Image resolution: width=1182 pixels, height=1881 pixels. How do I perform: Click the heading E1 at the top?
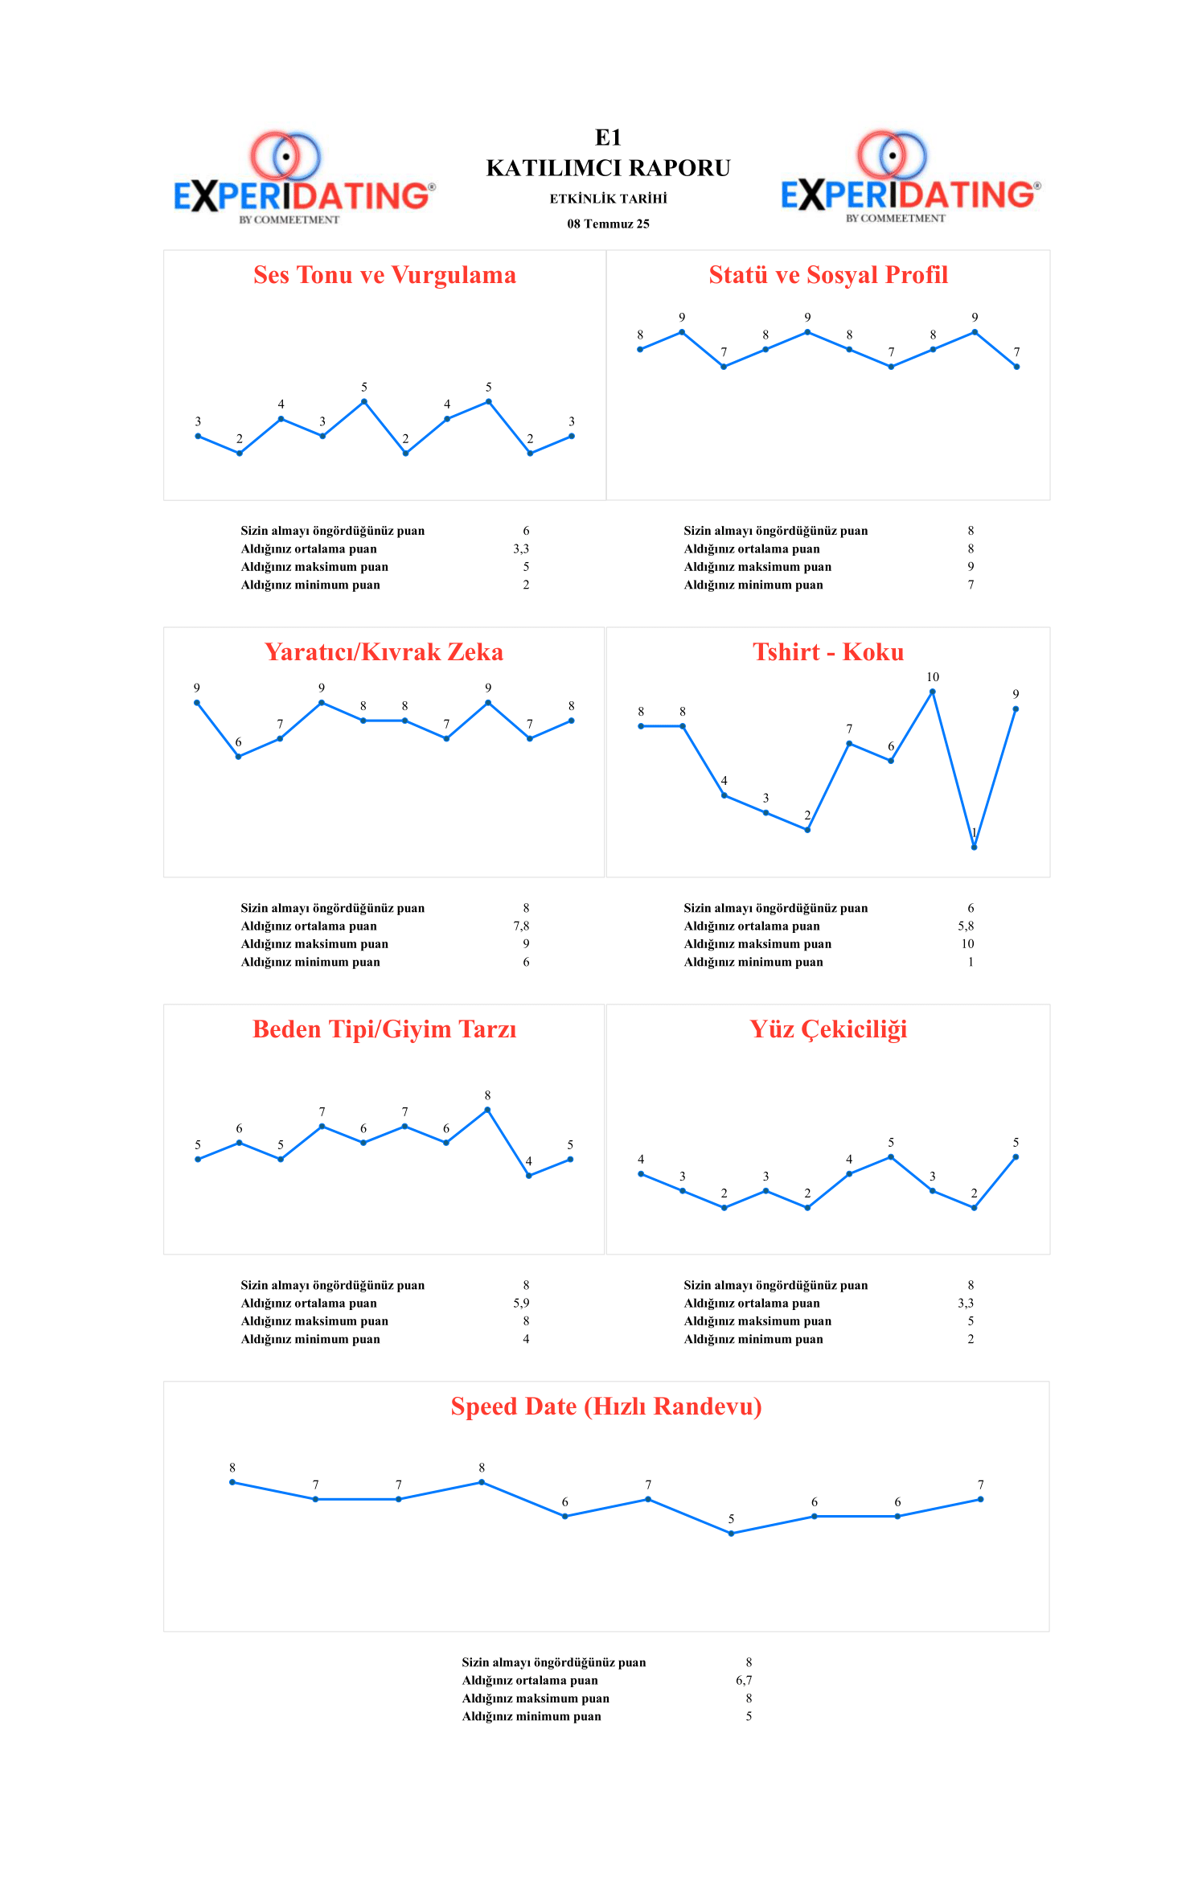click(608, 138)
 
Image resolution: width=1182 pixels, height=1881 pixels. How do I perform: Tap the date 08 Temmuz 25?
click(608, 224)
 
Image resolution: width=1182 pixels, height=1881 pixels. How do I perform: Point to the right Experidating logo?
click(910, 179)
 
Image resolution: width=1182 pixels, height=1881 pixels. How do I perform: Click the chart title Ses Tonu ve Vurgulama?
click(384, 275)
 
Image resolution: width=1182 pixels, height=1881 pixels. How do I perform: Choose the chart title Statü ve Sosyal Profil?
click(828, 275)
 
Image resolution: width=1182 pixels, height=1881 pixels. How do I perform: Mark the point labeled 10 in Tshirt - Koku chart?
click(933, 692)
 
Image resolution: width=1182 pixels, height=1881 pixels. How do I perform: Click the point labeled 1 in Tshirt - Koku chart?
click(974, 847)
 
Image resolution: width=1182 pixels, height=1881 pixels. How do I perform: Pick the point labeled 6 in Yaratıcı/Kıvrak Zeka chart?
click(238, 756)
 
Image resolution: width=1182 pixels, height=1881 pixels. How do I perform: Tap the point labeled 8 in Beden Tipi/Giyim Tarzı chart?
click(487, 1110)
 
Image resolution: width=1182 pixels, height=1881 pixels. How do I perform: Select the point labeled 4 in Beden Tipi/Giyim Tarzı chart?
click(528, 1175)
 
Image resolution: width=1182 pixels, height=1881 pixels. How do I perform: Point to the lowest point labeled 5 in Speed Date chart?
click(731, 1533)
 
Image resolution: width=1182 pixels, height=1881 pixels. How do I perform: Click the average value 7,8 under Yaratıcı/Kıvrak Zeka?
click(521, 926)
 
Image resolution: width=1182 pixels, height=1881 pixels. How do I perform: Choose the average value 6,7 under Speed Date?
click(744, 1681)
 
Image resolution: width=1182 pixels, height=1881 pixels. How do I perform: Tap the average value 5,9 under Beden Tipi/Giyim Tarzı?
click(521, 1304)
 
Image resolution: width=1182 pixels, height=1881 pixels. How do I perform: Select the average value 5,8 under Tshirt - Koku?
click(966, 926)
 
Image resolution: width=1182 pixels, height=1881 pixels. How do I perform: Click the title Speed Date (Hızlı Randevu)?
click(606, 1407)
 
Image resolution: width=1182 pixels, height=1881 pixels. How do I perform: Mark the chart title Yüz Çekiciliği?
click(828, 1029)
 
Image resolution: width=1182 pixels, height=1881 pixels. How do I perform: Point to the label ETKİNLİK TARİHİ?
click(608, 199)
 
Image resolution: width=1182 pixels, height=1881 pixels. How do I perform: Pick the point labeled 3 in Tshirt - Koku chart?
click(765, 812)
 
